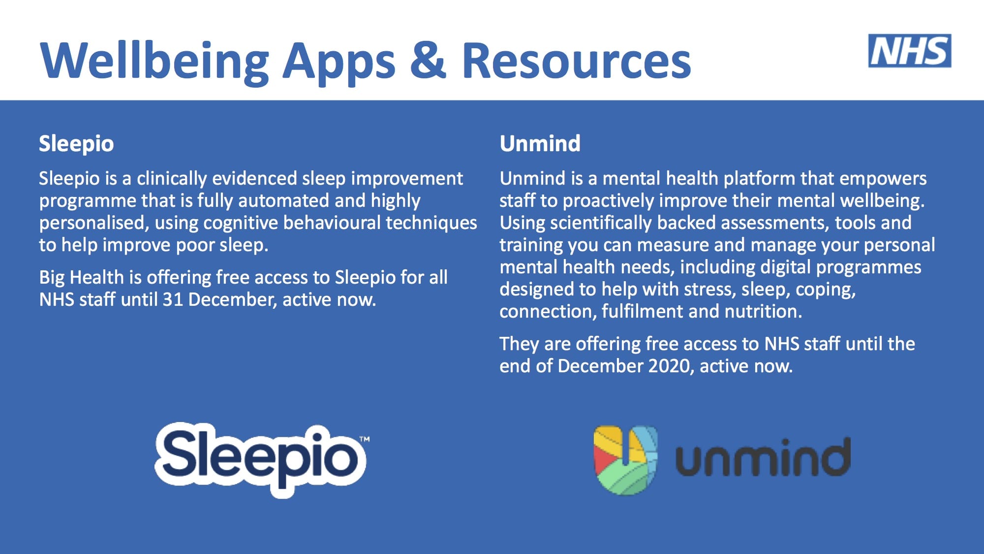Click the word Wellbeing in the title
pos(155,62)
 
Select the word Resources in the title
pos(576,61)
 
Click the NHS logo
pos(910,51)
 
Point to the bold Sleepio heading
pos(76,144)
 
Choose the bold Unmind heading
pos(540,144)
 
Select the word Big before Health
pos(52,278)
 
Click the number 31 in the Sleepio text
pos(173,299)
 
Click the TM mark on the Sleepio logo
pos(365,439)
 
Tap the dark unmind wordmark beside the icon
pos(763,457)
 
